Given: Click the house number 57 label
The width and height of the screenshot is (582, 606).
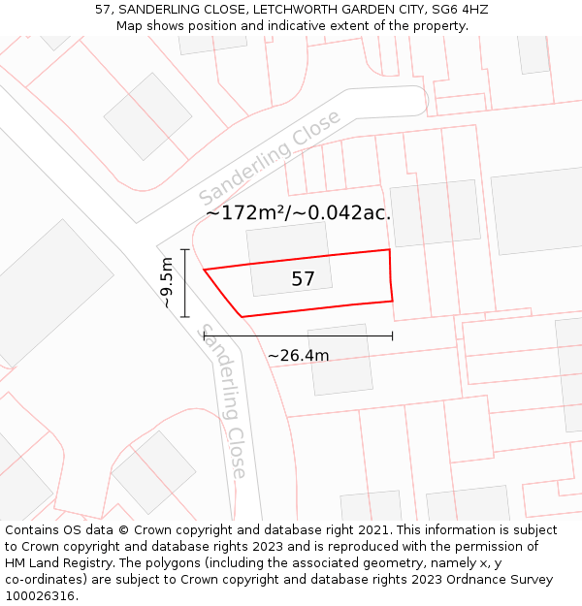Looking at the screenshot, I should click(303, 279).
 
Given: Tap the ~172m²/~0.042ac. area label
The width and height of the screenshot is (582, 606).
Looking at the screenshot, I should click(298, 213).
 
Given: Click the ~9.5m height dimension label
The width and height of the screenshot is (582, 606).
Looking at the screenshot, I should click(167, 282).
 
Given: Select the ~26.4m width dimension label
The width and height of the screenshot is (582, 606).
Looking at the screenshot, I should click(298, 355).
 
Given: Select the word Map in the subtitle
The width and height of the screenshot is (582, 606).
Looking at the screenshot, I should click(130, 26).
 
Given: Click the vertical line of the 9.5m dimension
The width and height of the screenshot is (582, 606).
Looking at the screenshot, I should click(184, 282).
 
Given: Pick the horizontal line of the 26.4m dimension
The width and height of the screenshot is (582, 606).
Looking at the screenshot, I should click(298, 335).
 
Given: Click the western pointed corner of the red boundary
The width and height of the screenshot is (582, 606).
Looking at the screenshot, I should click(204, 270).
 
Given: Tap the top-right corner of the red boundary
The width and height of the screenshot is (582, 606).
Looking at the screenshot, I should click(390, 250).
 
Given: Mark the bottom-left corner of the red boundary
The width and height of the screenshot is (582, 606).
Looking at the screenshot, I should click(242, 316).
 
